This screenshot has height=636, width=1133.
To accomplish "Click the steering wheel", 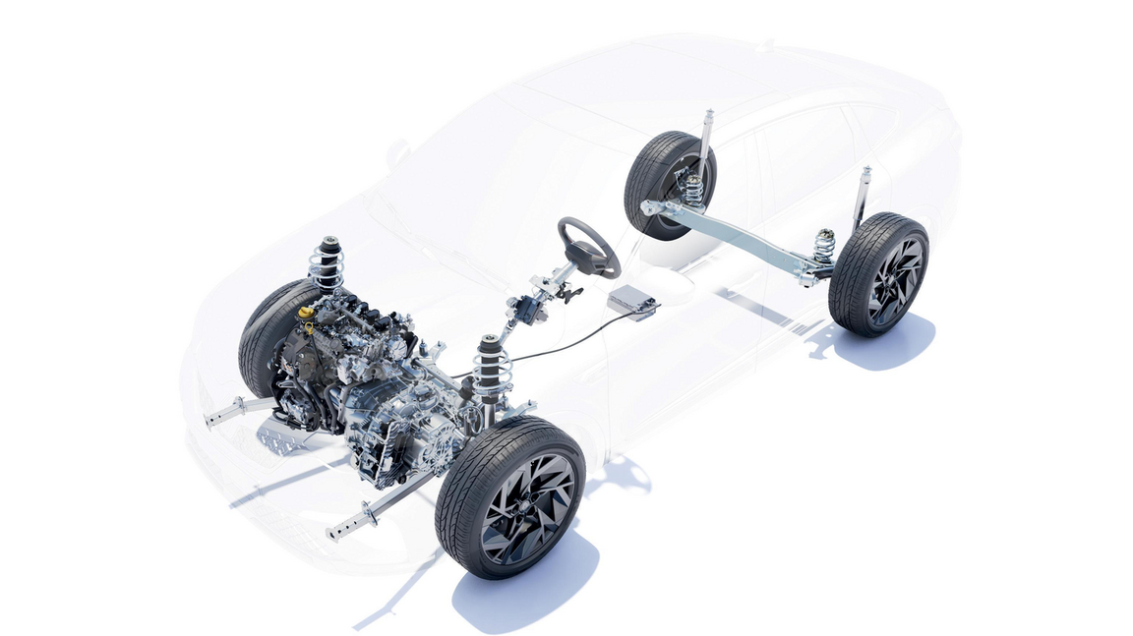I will click(x=589, y=246).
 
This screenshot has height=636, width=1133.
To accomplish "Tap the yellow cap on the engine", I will click(x=306, y=313).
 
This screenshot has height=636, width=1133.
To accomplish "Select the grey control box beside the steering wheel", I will click(x=631, y=302).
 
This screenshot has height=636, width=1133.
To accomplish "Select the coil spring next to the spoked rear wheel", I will click(x=823, y=246).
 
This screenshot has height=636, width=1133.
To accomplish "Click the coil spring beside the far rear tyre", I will click(x=694, y=190).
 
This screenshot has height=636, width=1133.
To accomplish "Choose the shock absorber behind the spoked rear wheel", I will click(x=864, y=193).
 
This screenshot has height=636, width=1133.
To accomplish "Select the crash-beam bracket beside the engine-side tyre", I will click(x=232, y=411).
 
